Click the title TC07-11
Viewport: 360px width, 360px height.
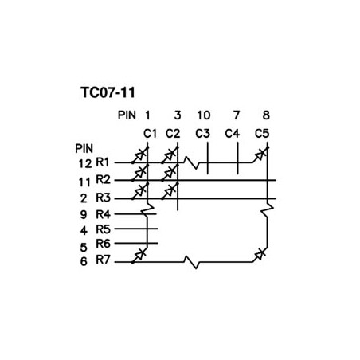tap(108, 92)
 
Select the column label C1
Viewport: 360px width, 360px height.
tap(150, 134)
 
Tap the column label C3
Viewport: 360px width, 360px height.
tap(202, 134)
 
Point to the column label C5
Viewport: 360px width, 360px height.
tap(262, 134)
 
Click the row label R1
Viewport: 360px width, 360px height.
tap(103, 162)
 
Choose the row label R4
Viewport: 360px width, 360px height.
tap(103, 214)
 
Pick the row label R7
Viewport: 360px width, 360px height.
tap(103, 260)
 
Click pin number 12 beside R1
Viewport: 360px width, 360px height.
tap(85, 164)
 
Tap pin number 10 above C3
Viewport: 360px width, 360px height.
tap(204, 115)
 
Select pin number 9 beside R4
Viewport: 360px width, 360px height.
tap(84, 214)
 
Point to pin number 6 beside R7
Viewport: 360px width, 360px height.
tap(84, 262)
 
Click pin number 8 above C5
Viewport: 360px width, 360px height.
tap(266, 115)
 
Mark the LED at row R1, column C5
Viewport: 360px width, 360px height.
tap(260, 155)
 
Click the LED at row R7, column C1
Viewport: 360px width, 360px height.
tap(139, 255)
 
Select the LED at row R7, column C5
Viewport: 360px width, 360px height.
tap(260, 255)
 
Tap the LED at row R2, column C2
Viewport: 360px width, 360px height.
tap(170, 173)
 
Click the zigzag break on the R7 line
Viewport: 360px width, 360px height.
tap(192, 262)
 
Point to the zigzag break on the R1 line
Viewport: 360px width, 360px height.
tap(192, 162)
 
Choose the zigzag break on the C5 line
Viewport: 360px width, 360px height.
tap(268, 210)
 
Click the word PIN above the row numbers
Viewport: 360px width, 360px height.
tap(84, 149)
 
